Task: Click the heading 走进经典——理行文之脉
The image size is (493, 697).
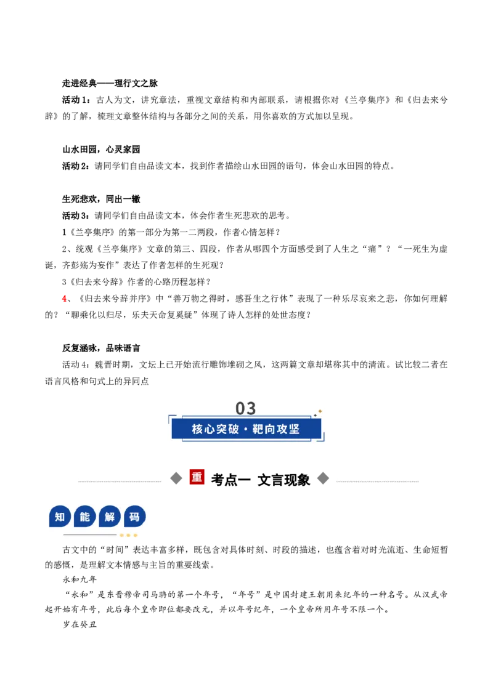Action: [x=110, y=83]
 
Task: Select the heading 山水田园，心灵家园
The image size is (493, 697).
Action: [x=101, y=150]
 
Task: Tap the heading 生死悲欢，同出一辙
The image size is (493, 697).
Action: [x=101, y=199]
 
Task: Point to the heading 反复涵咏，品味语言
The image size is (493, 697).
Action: [x=101, y=348]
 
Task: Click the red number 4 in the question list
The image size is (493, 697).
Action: [x=65, y=298]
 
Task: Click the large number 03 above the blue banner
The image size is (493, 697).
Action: [x=246, y=408]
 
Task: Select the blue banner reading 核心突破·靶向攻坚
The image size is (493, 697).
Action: [x=246, y=429]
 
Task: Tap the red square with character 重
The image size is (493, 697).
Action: [x=197, y=477]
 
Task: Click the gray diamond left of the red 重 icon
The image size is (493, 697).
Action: [x=177, y=478]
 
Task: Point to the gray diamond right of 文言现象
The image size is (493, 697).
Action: [x=323, y=478]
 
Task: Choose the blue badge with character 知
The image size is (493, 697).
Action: [x=60, y=517]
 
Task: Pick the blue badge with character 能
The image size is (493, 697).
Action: [x=85, y=517]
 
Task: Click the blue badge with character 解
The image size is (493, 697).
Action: [x=110, y=517]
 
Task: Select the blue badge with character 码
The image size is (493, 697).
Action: [x=135, y=517]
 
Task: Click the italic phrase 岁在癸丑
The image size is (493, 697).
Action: [x=79, y=624]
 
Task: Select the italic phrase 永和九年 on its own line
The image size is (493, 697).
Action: [x=79, y=579]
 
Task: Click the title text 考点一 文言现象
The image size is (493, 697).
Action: [x=260, y=480]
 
